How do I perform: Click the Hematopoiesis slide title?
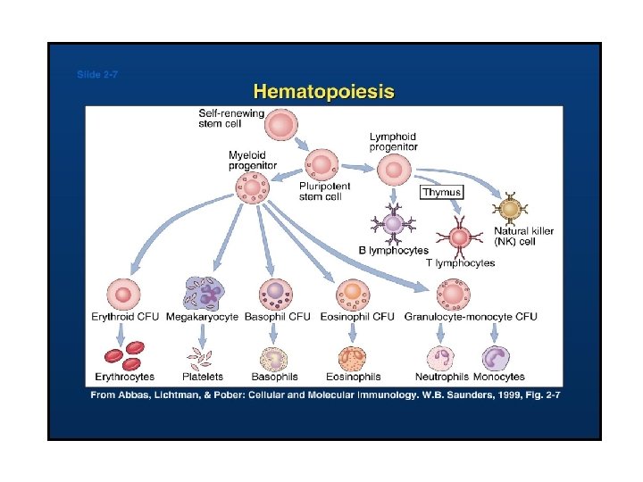pos(324,91)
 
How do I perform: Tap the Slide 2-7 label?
pos(96,75)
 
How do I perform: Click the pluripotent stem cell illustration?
pos(322,165)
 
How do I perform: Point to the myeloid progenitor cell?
pos(253,187)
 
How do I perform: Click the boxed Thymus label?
pos(442,192)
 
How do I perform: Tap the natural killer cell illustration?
pos(510,209)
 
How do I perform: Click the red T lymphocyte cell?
pos(459,237)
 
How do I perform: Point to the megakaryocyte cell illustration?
pos(205,294)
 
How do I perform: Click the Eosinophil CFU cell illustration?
pos(353,294)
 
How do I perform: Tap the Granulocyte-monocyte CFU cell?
pos(453,294)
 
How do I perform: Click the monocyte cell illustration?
pos(495,358)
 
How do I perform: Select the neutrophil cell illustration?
pos(441,358)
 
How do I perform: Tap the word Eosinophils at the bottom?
pos(354,377)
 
